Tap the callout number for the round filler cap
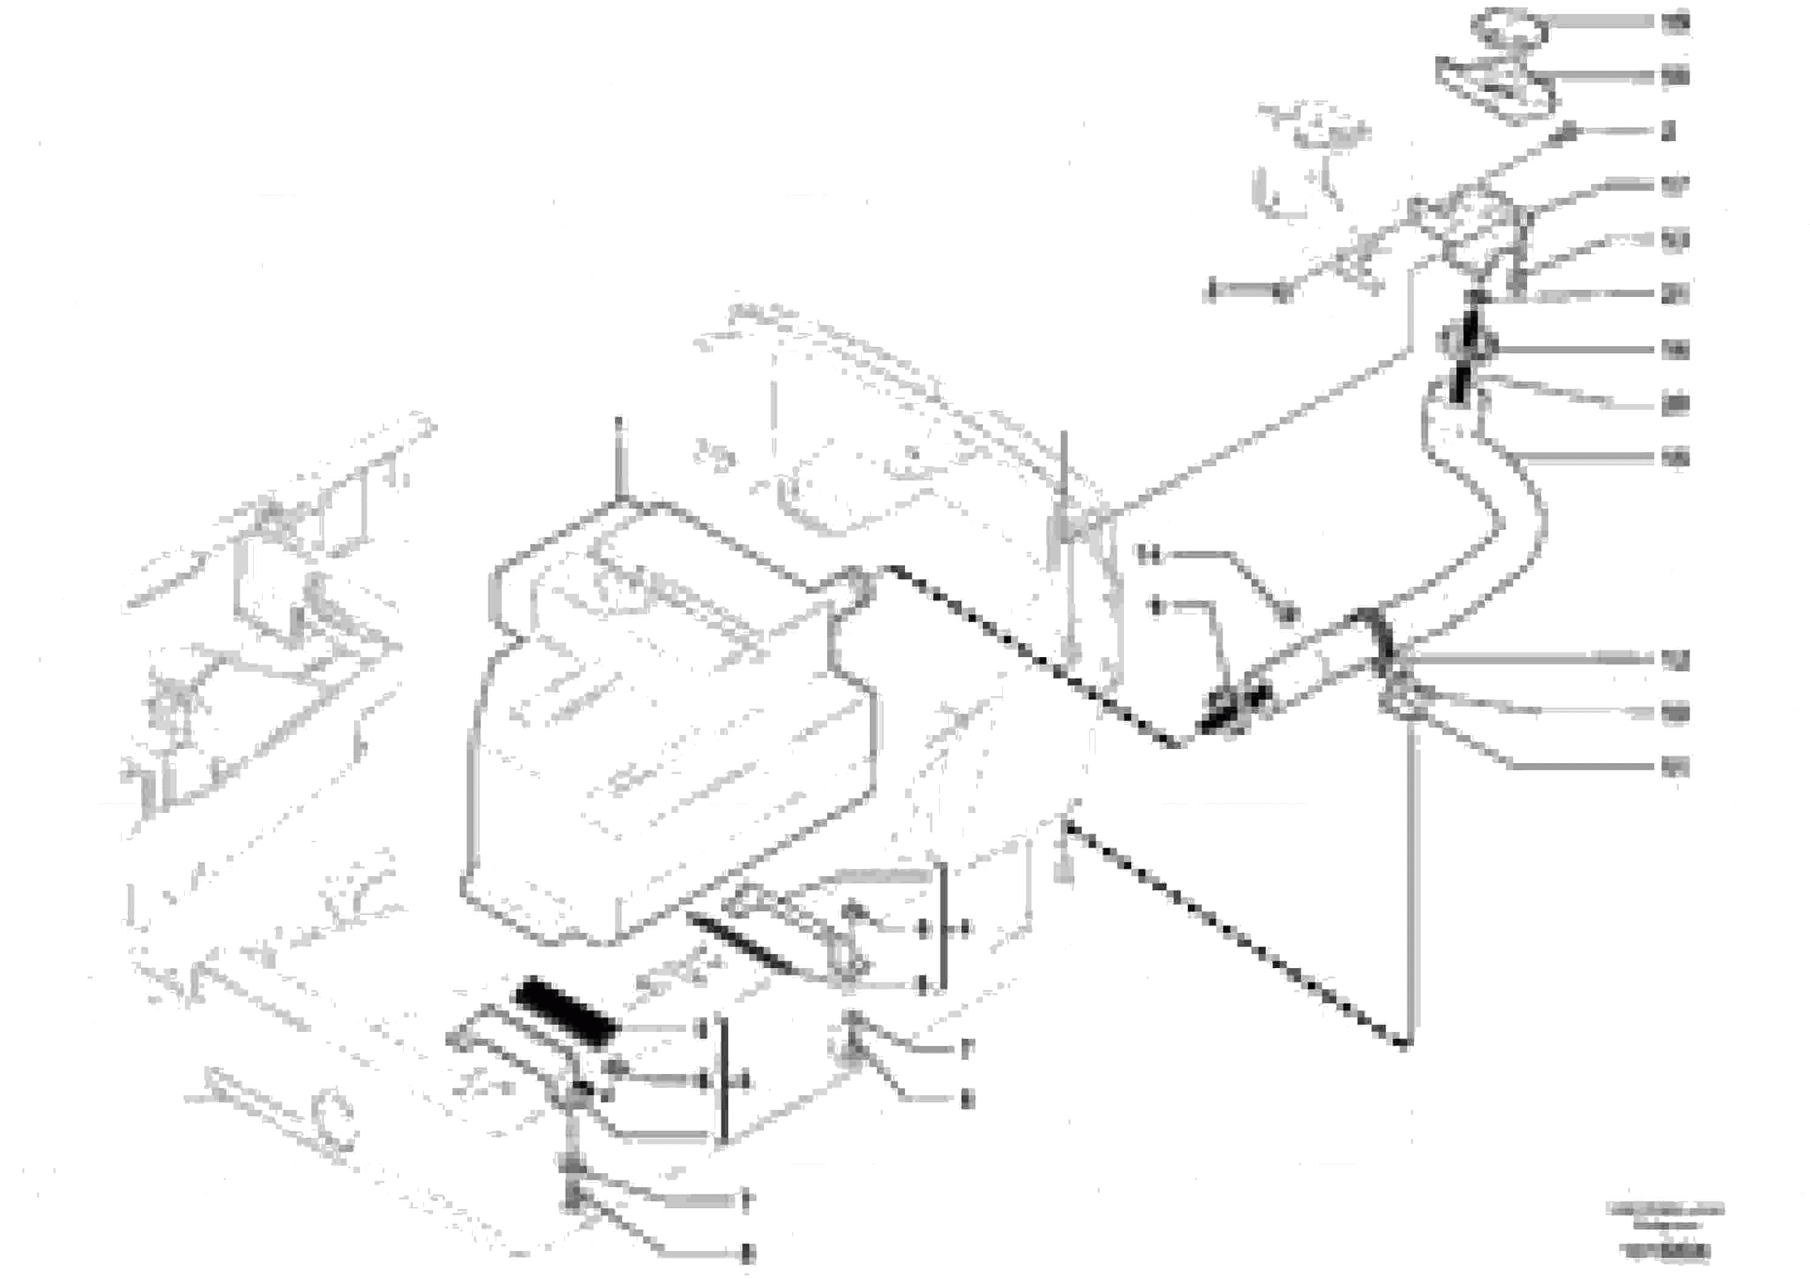tap(1675, 24)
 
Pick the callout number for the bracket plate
tap(1675, 77)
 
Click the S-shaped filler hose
tap(1490, 504)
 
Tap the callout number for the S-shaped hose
tap(1675, 458)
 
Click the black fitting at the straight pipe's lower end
tap(1234, 706)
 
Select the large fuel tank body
tap(670, 733)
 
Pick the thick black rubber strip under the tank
tap(564, 1011)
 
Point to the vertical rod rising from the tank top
tap(619, 458)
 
